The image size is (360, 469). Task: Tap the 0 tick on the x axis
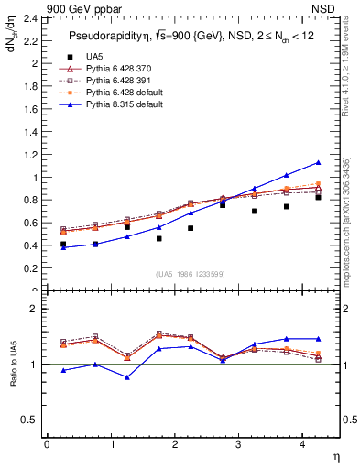(47, 444)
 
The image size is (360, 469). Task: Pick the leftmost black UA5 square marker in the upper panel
(63, 245)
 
